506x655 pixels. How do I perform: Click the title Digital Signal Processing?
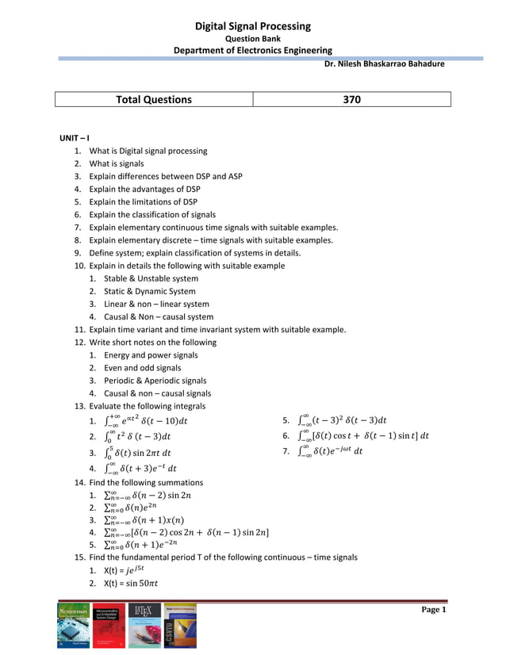252,27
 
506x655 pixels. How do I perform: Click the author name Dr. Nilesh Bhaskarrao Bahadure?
385,64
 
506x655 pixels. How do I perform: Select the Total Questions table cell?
154,100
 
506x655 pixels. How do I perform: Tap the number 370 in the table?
351,100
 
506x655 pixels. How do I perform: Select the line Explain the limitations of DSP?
143,201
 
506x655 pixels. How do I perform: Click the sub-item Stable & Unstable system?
151,278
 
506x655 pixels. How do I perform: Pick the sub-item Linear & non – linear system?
156,304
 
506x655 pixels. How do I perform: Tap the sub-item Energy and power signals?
151,355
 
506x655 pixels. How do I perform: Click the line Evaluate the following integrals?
147,406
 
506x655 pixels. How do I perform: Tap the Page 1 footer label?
433,610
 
